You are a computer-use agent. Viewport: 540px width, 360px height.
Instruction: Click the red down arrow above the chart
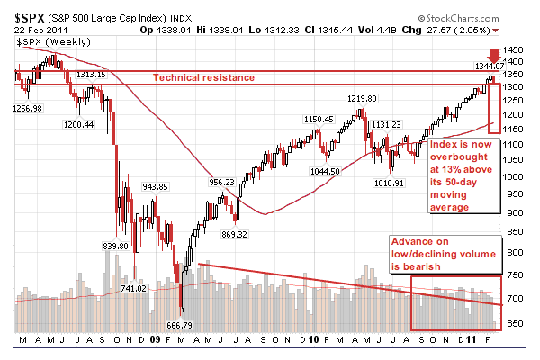(494, 55)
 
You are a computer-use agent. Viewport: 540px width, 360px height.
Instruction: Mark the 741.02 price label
(133, 288)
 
